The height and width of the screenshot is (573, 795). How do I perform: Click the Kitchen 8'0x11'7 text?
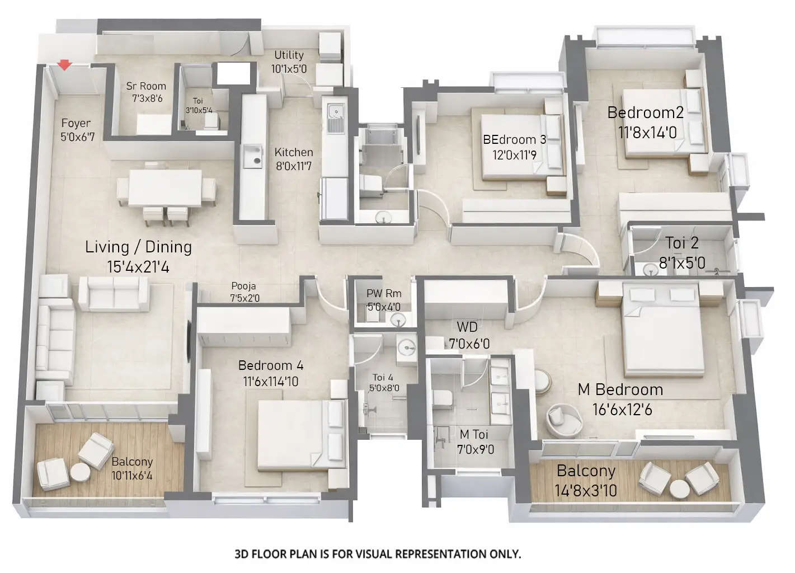[x=294, y=159]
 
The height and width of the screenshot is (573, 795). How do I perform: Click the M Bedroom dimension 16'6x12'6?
[x=622, y=410]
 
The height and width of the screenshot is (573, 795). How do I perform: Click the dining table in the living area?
[x=165, y=188]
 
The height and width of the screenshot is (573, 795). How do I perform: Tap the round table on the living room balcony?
[x=80, y=473]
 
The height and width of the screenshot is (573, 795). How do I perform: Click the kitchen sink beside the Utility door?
[x=336, y=120]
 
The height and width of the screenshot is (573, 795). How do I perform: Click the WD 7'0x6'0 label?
[x=469, y=335]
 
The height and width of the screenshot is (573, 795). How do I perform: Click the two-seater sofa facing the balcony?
[x=114, y=293]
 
